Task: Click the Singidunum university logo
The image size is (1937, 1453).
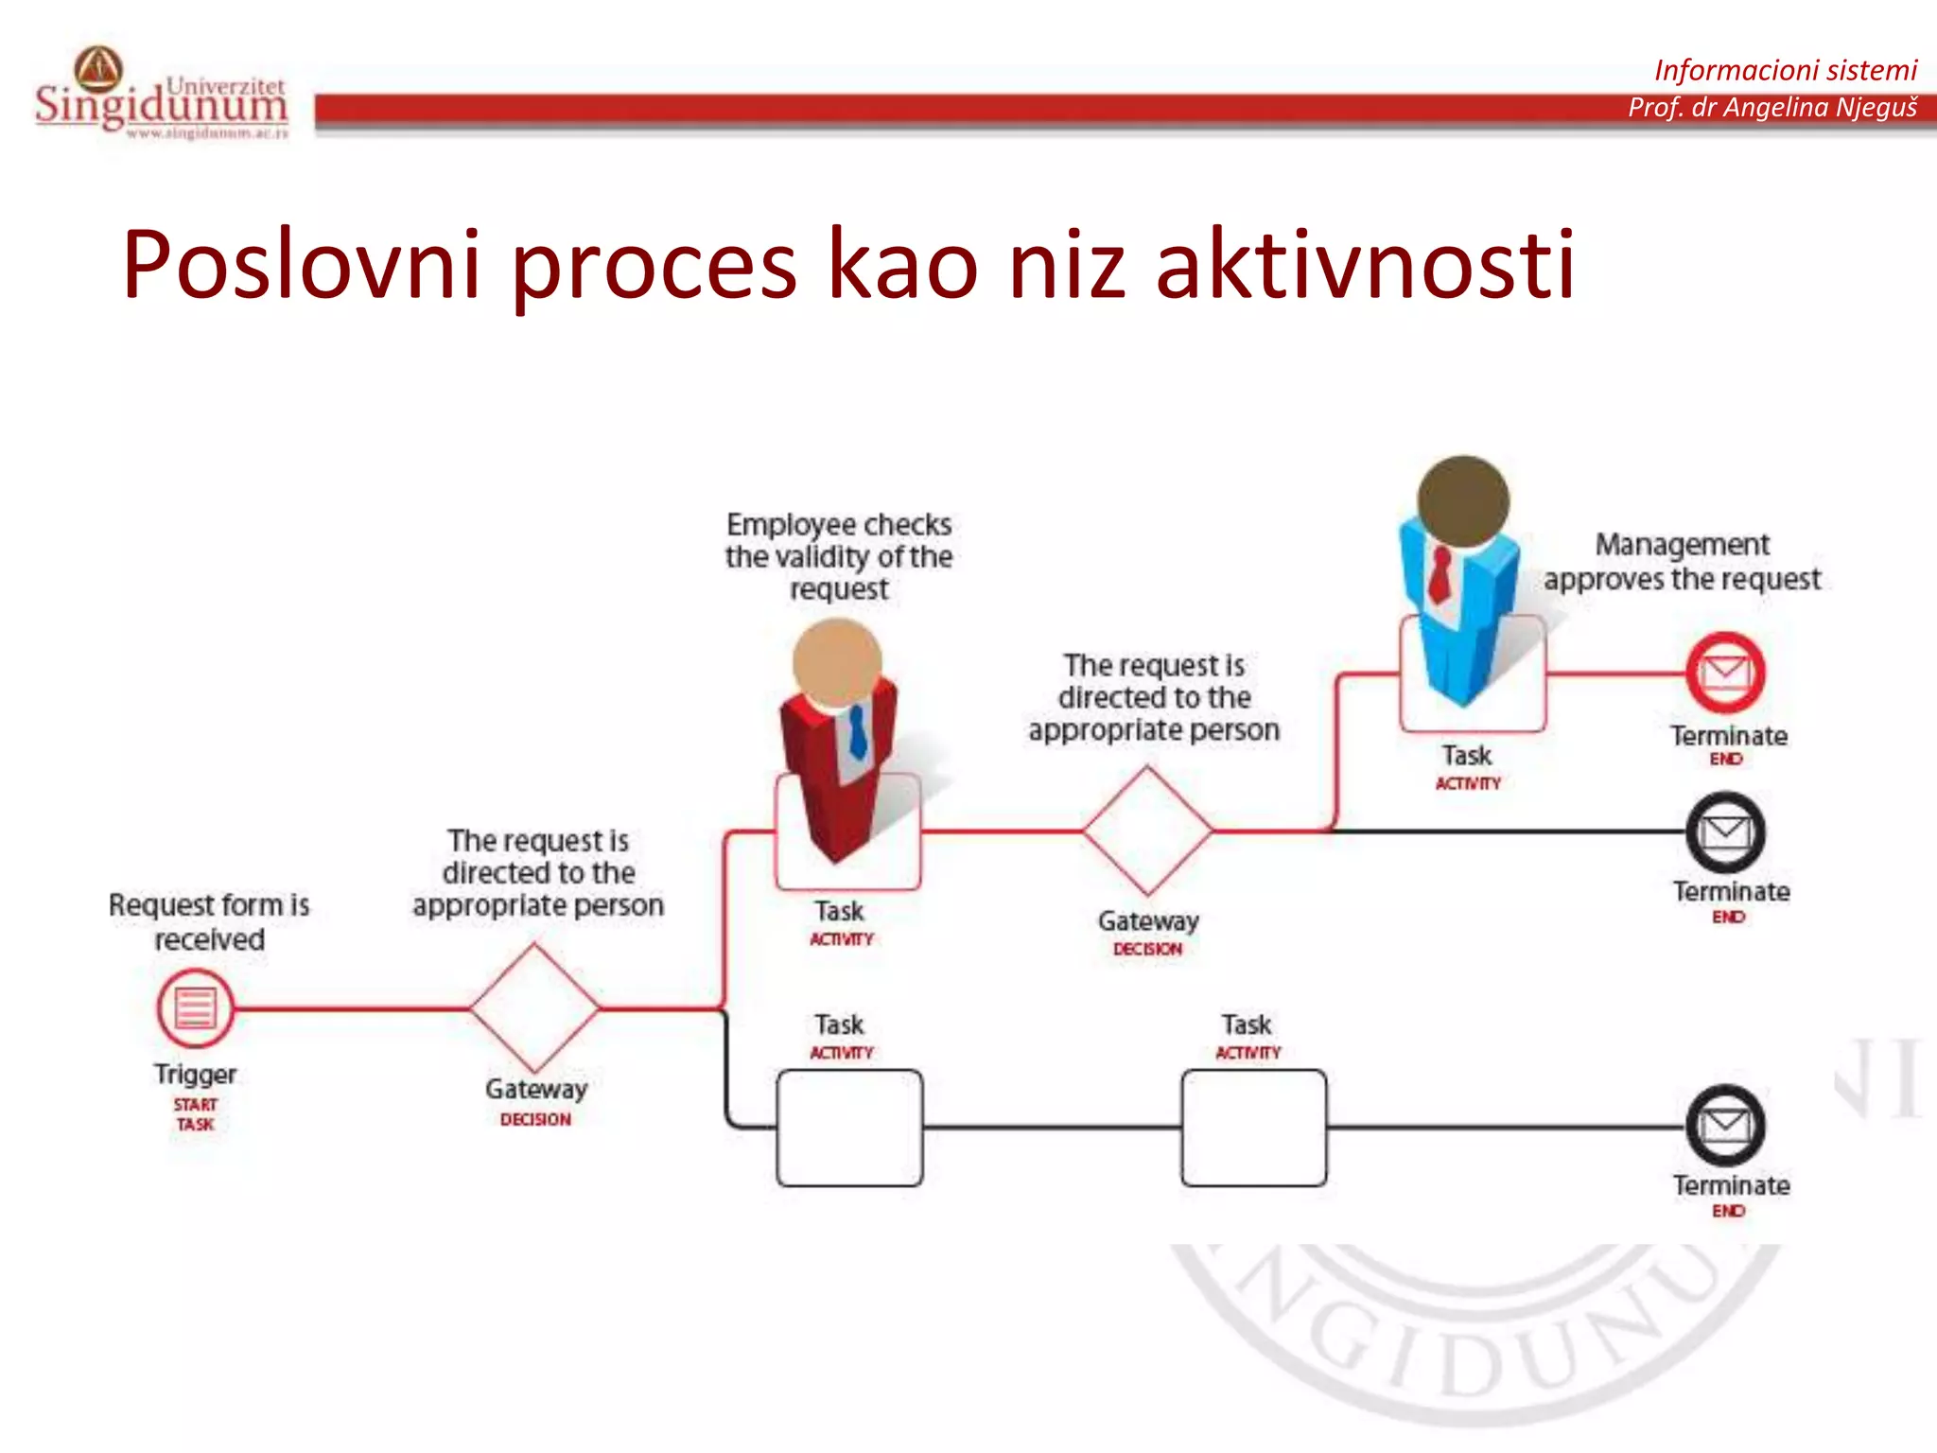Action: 161,95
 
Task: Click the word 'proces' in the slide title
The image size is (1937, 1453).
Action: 654,266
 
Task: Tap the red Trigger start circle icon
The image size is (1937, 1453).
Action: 195,1008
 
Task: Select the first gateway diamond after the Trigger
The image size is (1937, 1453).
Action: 535,1007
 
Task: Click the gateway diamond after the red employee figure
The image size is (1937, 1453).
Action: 1147,831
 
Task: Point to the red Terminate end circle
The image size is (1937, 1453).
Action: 1726,673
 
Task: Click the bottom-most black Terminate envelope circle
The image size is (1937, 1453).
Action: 1726,1126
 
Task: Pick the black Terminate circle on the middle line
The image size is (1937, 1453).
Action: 1726,832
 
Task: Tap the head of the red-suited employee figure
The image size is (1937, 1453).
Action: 837,662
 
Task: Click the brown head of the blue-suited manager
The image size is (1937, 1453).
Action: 1463,500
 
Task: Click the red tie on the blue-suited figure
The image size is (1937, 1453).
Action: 1440,574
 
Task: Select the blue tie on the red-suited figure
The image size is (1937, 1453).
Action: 858,731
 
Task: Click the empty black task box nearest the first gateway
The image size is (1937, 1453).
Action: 848,1128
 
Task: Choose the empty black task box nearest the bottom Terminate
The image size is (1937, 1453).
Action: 1253,1128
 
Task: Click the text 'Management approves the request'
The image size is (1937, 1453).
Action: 1682,562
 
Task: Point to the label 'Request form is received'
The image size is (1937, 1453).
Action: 209,921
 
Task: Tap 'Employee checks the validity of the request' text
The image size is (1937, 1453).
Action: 839,556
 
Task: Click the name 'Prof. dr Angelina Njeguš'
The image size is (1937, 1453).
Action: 1771,108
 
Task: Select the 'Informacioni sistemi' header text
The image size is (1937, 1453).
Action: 1785,70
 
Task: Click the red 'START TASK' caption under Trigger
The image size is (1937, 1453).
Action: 195,1114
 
